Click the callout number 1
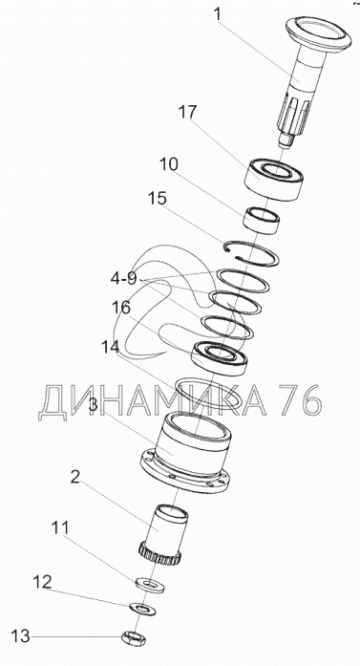click(x=217, y=14)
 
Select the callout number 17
click(x=188, y=113)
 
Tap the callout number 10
click(x=168, y=164)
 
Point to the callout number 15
click(x=157, y=199)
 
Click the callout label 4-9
click(x=123, y=279)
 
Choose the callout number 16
click(x=121, y=308)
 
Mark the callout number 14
click(x=111, y=347)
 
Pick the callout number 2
click(x=74, y=477)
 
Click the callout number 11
click(x=60, y=528)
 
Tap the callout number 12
click(x=42, y=582)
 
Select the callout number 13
click(x=20, y=635)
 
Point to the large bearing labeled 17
click(x=274, y=180)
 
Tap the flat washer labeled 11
click(x=150, y=585)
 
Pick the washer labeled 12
click(x=142, y=609)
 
